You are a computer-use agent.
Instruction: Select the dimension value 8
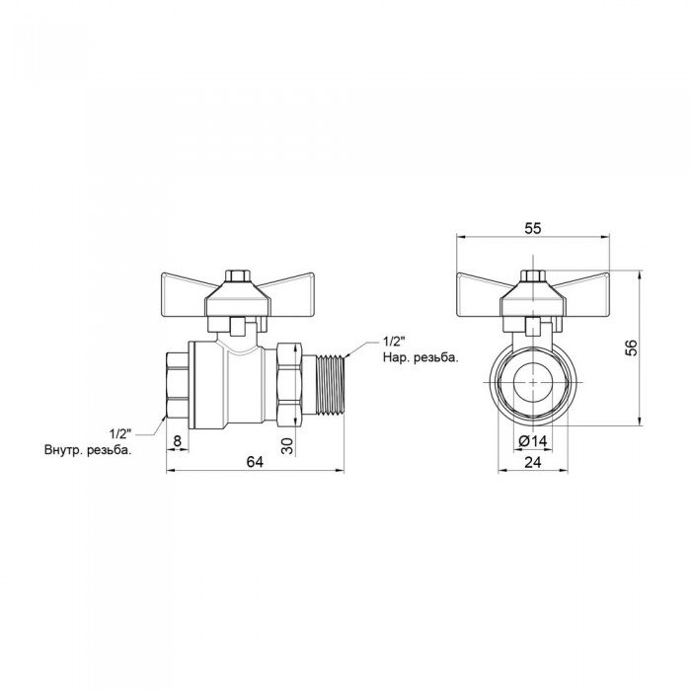[x=176, y=440]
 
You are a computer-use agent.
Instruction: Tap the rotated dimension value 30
[x=288, y=443]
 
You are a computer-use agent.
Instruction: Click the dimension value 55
[x=532, y=228]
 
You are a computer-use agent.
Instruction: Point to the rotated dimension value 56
[x=633, y=346]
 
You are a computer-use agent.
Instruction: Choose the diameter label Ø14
[x=532, y=440]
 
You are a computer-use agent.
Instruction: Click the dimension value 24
[x=532, y=461]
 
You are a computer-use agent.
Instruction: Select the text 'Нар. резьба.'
[x=420, y=358]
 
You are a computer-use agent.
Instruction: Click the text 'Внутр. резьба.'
[x=88, y=450]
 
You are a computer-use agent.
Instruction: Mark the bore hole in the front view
[x=532, y=380]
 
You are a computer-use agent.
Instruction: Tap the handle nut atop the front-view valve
[x=532, y=274]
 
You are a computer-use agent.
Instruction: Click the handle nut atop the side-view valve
[x=238, y=274]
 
